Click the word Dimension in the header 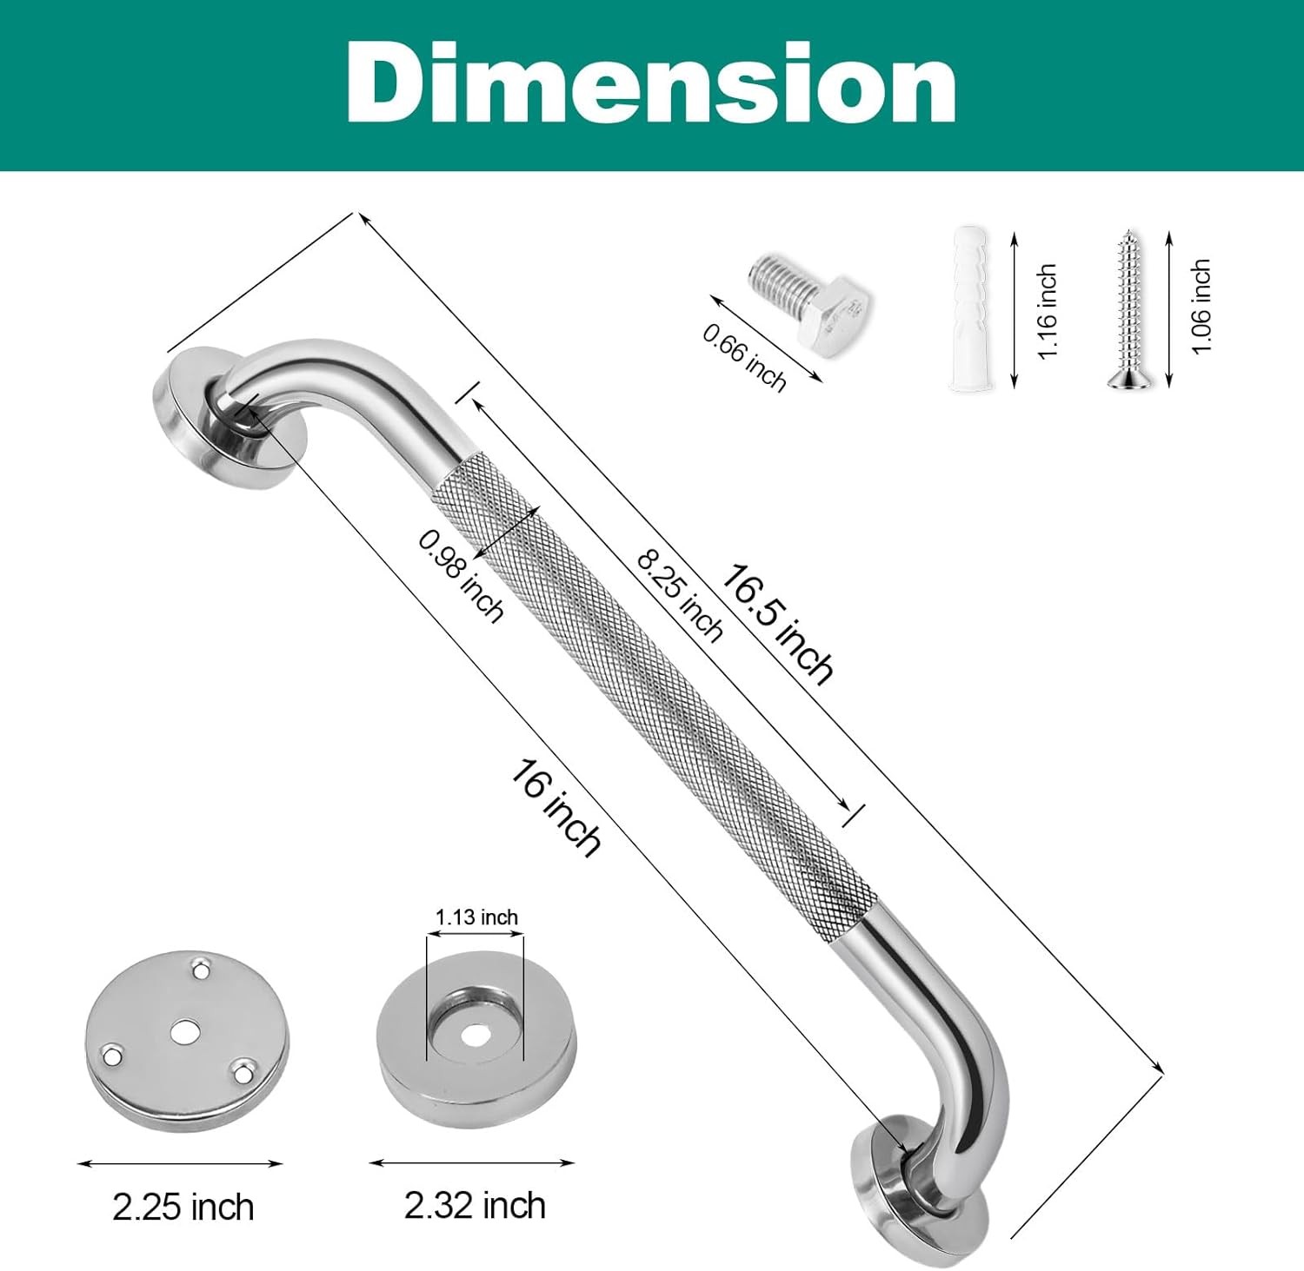click(x=651, y=83)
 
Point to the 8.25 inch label click(x=680, y=595)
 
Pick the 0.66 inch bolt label click(x=744, y=356)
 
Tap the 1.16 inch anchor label click(x=1047, y=310)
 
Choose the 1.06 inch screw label click(x=1201, y=306)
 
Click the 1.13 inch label click(x=476, y=917)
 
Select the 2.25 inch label click(x=183, y=1207)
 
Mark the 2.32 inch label click(x=475, y=1206)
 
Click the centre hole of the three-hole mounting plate click(x=183, y=1031)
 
